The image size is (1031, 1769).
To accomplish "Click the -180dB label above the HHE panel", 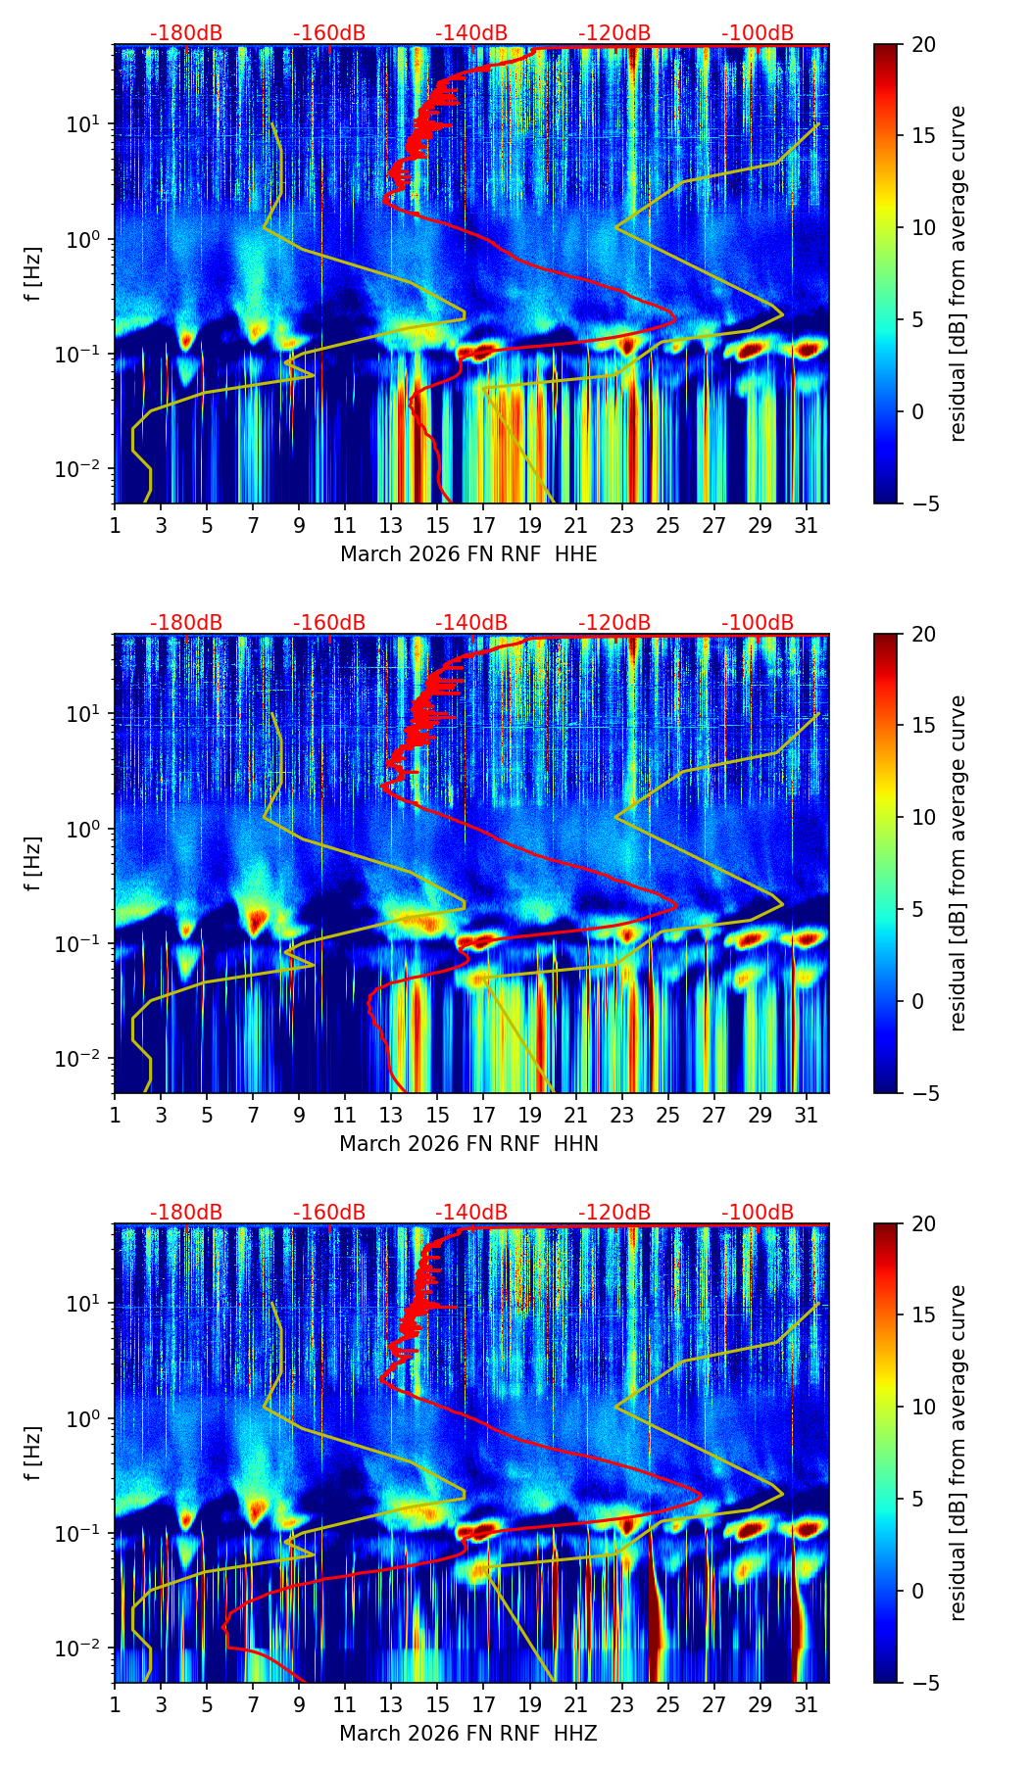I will [x=186, y=33].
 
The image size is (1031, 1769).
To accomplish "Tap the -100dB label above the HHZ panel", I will [x=758, y=1213].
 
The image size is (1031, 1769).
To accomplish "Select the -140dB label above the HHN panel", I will [x=471, y=623].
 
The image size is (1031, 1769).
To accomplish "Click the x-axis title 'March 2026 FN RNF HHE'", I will [x=468, y=554].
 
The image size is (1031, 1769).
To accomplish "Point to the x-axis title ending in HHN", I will [x=468, y=1144].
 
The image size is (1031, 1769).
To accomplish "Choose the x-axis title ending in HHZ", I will [x=468, y=1734].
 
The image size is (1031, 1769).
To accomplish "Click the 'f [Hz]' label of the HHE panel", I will [x=33, y=273].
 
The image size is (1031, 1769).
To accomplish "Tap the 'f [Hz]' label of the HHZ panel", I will [x=33, y=1453].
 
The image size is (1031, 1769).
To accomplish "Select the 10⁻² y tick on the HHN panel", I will [x=85, y=1059].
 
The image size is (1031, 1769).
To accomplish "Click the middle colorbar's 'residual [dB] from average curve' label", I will [x=958, y=863].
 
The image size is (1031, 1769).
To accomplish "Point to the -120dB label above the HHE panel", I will [x=614, y=33].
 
